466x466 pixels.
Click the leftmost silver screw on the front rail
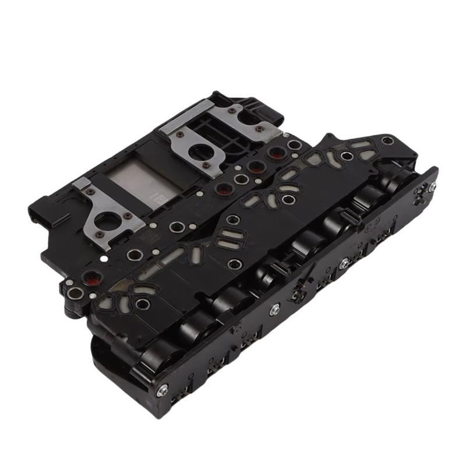pos(162,389)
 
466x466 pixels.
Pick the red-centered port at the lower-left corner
pos(91,278)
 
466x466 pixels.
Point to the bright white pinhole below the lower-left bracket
pos(104,259)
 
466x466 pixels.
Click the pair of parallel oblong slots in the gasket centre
pos(224,239)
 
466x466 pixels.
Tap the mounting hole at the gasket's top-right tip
pos(387,140)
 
